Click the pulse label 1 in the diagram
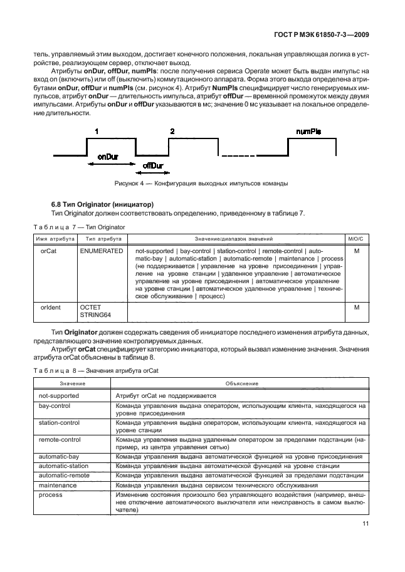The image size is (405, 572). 97,132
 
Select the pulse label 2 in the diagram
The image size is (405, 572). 172,132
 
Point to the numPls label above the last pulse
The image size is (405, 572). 308,132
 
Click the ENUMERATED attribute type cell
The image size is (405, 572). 102,251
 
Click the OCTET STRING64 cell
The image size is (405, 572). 95,311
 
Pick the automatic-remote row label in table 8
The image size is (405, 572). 63,476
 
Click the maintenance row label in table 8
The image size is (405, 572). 58,485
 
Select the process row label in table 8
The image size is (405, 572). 51,494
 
